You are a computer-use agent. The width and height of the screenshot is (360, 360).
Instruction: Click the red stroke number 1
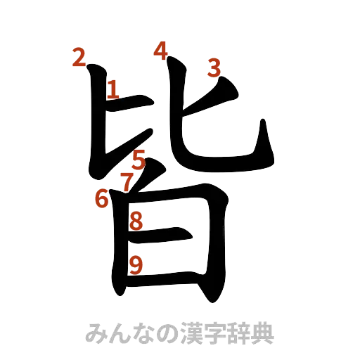click(112, 89)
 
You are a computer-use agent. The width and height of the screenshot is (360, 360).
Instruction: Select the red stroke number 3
click(214, 67)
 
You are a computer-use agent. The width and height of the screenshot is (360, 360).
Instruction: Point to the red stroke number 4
click(161, 50)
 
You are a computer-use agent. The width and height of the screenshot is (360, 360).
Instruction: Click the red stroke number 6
click(103, 198)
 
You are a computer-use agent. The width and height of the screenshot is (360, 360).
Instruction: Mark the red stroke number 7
click(127, 182)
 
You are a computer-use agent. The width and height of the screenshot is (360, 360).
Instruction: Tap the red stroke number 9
click(137, 264)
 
